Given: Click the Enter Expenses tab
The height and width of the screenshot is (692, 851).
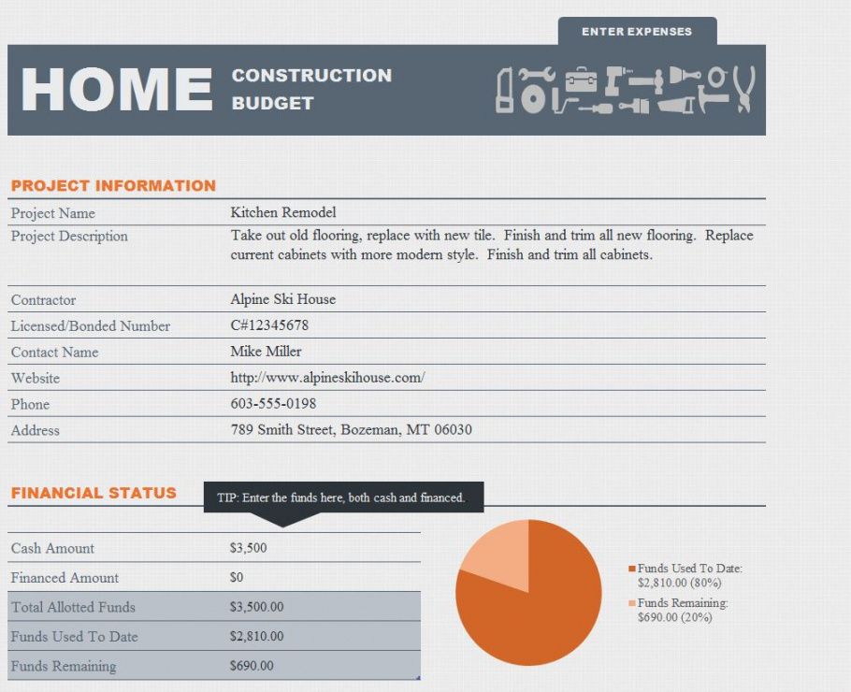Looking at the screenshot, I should pyautogui.click(x=637, y=32).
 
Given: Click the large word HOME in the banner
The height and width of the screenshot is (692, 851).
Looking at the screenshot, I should pyautogui.click(x=117, y=90).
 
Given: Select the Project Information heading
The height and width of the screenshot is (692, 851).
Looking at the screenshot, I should pyautogui.click(x=113, y=185).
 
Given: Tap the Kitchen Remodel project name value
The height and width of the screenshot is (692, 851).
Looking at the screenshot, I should pyautogui.click(x=282, y=212).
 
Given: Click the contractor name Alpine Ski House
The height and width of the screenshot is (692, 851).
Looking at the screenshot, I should pyautogui.click(x=282, y=299).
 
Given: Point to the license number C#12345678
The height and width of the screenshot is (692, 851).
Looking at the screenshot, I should pyautogui.click(x=269, y=325).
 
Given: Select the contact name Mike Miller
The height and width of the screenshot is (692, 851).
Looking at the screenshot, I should pyautogui.click(x=266, y=352).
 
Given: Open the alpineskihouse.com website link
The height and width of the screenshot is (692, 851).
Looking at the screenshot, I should pyautogui.click(x=327, y=378).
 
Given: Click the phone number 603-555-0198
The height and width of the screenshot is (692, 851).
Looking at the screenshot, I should pyautogui.click(x=273, y=404).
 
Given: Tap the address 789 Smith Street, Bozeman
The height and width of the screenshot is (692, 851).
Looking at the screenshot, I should pyautogui.click(x=351, y=430).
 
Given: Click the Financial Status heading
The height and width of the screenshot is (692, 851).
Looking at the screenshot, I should pyautogui.click(x=94, y=493).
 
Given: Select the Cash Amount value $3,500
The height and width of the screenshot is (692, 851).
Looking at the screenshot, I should pyautogui.click(x=248, y=548).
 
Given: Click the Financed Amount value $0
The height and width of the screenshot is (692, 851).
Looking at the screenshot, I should pyautogui.click(x=237, y=578).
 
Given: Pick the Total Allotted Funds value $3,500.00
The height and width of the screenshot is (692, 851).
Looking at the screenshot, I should pyautogui.click(x=256, y=607).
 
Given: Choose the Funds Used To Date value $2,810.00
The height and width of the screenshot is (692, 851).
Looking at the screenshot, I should pyautogui.click(x=256, y=637).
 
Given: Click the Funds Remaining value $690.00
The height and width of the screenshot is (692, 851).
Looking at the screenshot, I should pyautogui.click(x=252, y=667).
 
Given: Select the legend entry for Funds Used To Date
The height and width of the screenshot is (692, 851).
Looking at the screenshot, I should pyautogui.click(x=689, y=575).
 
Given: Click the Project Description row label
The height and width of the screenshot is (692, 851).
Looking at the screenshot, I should pyautogui.click(x=69, y=236).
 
